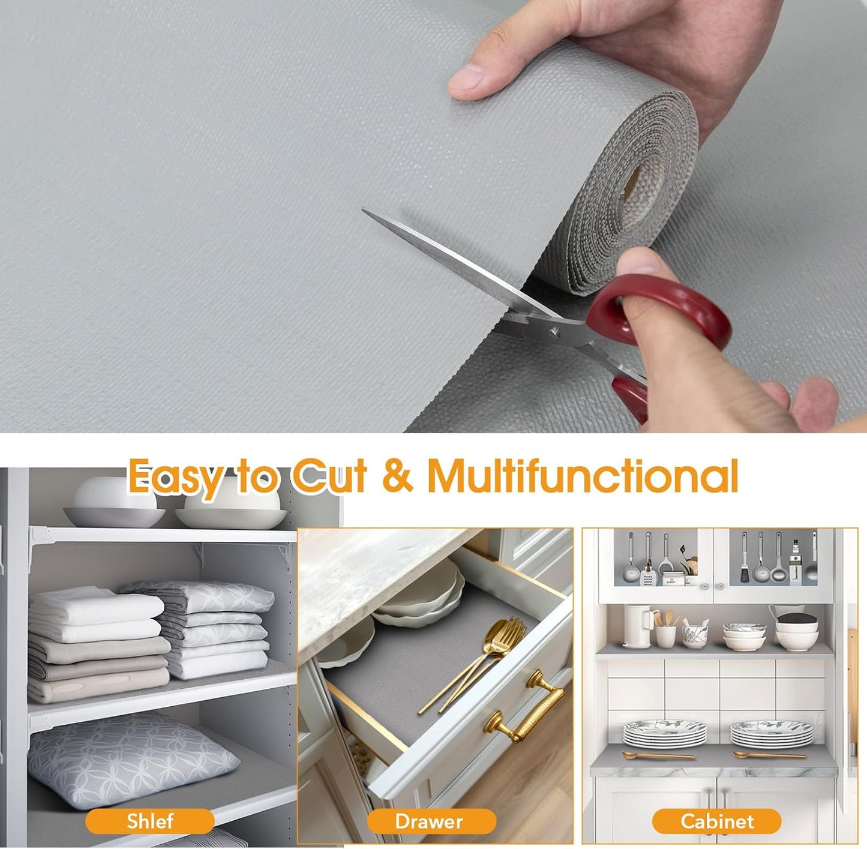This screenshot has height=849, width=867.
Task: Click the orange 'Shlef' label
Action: [x=149, y=821]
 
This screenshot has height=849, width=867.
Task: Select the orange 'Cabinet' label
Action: [x=716, y=821]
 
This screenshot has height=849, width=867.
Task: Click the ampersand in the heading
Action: [x=397, y=476]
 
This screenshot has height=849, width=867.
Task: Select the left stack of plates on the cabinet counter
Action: [x=664, y=733]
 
